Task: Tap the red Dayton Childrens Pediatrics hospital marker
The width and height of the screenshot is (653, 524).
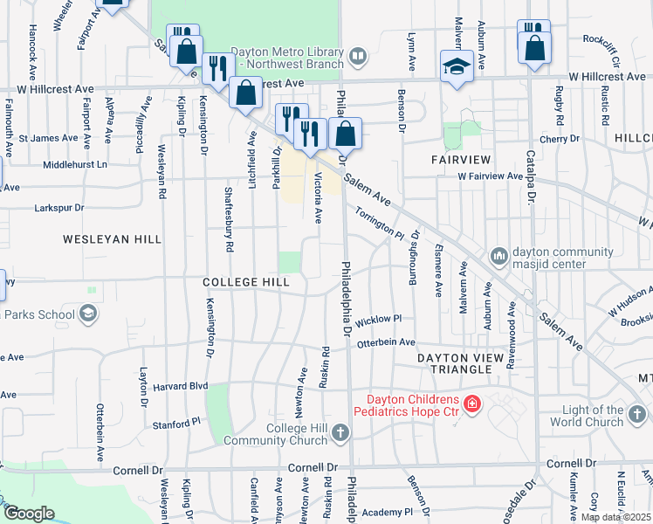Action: [x=472, y=404]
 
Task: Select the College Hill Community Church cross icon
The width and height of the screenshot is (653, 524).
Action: [x=340, y=432]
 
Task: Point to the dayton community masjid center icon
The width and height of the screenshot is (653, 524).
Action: [x=498, y=256]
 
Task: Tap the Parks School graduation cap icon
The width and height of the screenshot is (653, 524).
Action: [x=87, y=314]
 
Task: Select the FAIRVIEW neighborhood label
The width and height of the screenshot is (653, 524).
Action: [x=462, y=159]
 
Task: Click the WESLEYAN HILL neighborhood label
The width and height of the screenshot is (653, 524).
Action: [x=100, y=238]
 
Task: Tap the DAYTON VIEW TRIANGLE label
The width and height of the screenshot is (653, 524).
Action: [x=460, y=364]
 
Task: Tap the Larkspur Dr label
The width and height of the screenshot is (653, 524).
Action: [x=58, y=208]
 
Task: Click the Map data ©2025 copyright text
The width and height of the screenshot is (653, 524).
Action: [x=615, y=517]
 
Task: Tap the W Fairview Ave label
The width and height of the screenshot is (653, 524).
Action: [x=490, y=176]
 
